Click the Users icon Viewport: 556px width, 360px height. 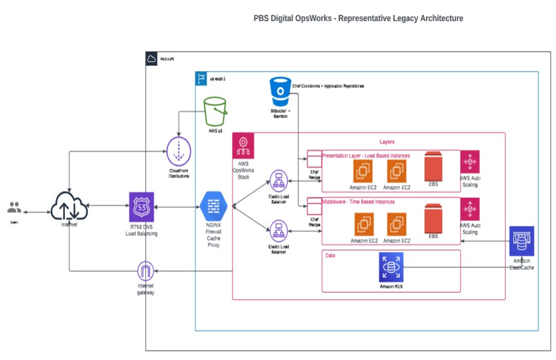(x=14, y=207)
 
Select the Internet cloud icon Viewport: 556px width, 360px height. (x=69, y=206)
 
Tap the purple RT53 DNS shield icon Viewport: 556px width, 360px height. (x=141, y=207)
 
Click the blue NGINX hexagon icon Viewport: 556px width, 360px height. (x=214, y=206)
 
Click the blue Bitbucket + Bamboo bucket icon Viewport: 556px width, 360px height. (x=280, y=91)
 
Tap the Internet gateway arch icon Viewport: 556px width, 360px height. (x=145, y=272)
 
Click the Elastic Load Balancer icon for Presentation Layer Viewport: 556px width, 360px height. (x=278, y=181)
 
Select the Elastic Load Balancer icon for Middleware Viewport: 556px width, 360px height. (x=278, y=231)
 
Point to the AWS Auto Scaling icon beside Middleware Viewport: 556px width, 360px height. (x=470, y=209)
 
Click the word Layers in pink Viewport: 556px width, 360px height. (x=387, y=142)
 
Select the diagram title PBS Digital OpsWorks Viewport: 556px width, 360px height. (x=358, y=19)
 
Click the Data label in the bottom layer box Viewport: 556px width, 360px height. (x=330, y=255)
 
